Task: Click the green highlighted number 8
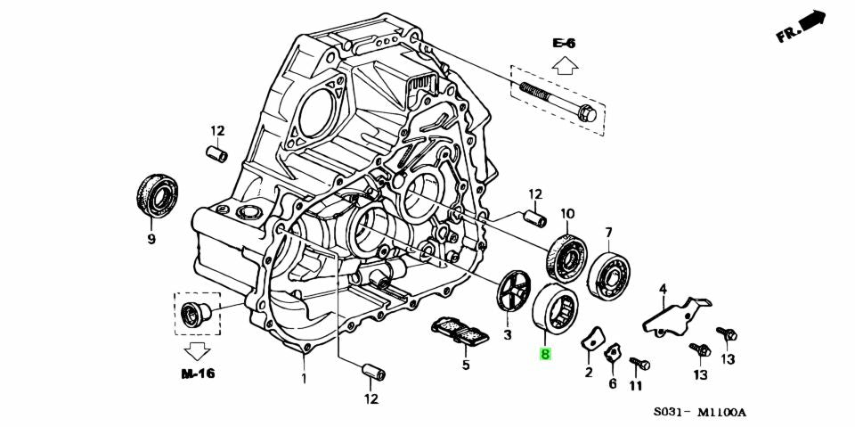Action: pyautogui.click(x=545, y=354)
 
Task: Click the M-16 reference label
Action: pyautogui.click(x=198, y=374)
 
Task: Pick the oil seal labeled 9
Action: pyautogui.click(x=158, y=195)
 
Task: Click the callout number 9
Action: pyautogui.click(x=151, y=240)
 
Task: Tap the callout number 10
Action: pyautogui.click(x=566, y=214)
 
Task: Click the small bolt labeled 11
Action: pyautogui.click(x=639, y=364)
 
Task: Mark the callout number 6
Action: pyautogui.click(x=612, y=383)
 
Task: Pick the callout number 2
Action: pyautogui.click(x=589, y=373)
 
